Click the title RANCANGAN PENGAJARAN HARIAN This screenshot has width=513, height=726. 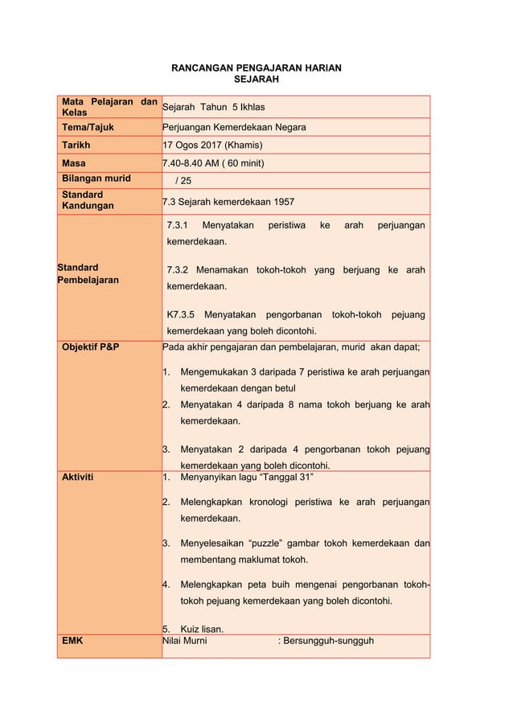click(256, 68)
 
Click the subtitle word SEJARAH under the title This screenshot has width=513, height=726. click(256, 80)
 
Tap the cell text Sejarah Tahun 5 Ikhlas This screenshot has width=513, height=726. click(214, 107)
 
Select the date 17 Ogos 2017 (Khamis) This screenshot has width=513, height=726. click(212, 146)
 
